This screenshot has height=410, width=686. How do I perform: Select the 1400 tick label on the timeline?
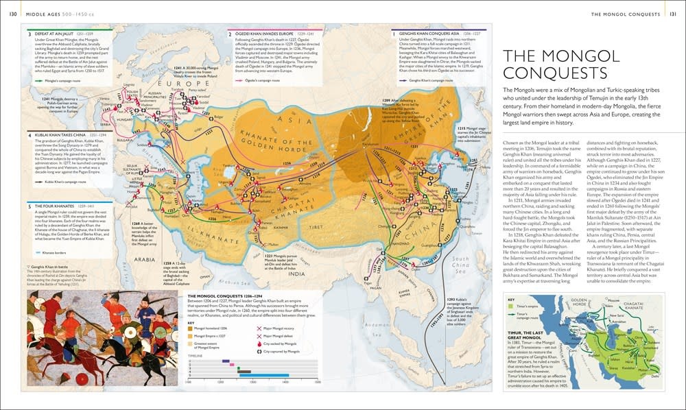(x=285, y=383)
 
